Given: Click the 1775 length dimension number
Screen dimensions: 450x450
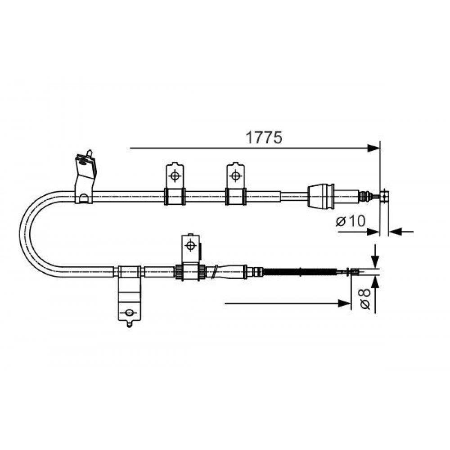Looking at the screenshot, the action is click(264, 137).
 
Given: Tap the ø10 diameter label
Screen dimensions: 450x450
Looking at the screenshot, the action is click(351, 220).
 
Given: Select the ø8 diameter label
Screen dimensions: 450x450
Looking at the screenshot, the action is click(365, 299).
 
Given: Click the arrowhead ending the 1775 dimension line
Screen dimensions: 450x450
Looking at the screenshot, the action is click(373, 148).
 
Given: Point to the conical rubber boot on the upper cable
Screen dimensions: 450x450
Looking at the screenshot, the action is click(321, 196).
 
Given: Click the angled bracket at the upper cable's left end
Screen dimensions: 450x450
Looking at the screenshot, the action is click(85, 178).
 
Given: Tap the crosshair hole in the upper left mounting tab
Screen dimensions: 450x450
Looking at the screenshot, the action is click(175, 175).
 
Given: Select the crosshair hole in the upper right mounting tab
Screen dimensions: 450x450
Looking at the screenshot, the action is click(235, 175).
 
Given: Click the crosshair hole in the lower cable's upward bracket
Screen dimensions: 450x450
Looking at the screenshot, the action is click(190, 245).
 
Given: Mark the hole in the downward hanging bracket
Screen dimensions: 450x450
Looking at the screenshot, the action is click(130, 312).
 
